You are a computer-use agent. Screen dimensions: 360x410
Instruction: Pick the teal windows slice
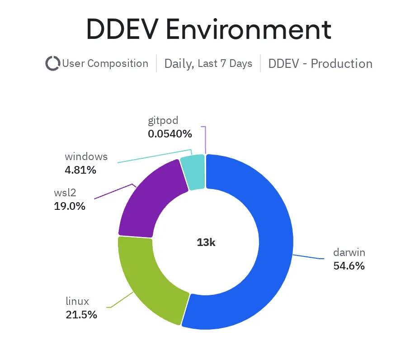[193, 172]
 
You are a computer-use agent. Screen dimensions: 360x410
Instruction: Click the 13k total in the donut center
[206, 242]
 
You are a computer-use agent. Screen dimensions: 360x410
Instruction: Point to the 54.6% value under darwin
[349, 266]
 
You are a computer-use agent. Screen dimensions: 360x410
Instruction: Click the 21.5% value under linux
[81, 315]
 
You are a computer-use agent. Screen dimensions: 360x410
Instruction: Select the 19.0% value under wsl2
[69, 206]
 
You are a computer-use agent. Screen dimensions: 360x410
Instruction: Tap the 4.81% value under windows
[80, 170]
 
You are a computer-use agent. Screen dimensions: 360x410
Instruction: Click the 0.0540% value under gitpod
[170, 134]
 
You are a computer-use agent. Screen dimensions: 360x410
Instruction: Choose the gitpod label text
[163, 121]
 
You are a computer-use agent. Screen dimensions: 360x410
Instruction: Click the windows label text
[86, 157]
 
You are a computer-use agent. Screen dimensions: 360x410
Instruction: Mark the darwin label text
[349, 252]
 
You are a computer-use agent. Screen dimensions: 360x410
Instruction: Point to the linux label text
[77, 301]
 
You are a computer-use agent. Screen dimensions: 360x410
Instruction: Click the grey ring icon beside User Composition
[53, 63]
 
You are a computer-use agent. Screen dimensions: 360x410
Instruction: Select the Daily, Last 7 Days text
[208, 63]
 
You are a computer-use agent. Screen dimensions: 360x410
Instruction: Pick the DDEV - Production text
[320, 63]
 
